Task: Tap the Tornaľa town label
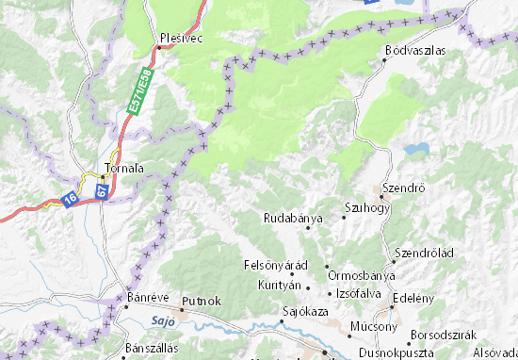coord(123,169)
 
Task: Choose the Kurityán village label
coord(280,284)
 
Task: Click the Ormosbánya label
coord(361,274)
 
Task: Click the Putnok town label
coord(202,301)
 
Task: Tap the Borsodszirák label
coord(445,335)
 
